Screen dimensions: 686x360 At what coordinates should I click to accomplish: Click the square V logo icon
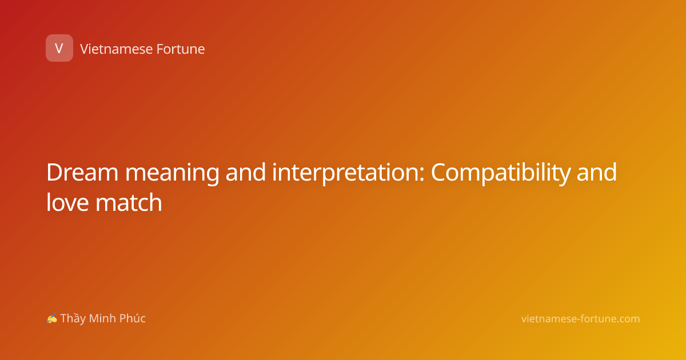59,48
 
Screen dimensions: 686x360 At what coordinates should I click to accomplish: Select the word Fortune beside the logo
181,49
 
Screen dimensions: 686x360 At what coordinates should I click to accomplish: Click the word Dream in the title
82,173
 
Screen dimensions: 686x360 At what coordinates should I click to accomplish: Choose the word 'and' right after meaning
246,173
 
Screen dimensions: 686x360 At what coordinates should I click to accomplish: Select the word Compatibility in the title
501,174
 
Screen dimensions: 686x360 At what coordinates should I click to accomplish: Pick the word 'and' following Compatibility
597,173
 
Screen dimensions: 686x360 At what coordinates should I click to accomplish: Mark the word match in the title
129,202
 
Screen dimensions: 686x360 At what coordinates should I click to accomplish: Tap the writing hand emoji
52,318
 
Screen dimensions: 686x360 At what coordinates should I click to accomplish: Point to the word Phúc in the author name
132,318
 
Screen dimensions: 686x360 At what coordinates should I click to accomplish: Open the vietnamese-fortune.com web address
580,319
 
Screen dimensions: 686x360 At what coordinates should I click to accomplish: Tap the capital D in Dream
55,173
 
